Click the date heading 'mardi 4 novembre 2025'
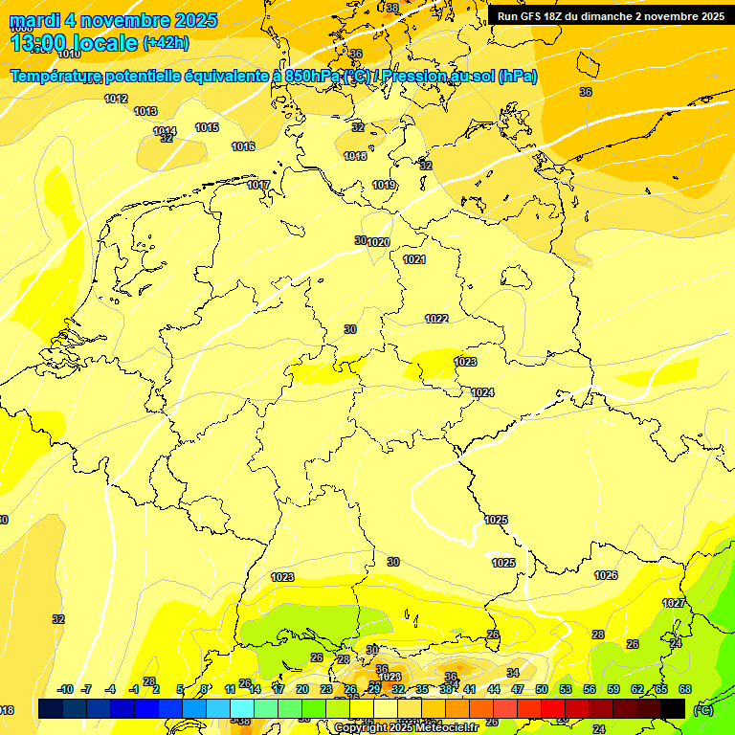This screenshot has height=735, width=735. pos(113,20)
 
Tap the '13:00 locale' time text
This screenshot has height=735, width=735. pos(73,42)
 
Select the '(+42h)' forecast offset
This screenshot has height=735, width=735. pos(166,43)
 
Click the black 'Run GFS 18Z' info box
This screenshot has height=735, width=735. pos(611,15)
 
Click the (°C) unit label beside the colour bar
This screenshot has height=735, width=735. pos(702,710)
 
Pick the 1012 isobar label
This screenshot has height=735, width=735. pos(116,99)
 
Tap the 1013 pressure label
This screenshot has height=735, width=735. pos(145,111)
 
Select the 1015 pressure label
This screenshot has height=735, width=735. pos(207,127)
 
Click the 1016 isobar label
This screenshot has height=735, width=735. pos(243,146)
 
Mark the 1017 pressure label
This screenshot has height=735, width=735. pos(258,185)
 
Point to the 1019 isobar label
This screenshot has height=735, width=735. pos(384,185)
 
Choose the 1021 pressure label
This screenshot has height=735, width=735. pos(414,259)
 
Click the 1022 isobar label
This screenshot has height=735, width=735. pos(436,319)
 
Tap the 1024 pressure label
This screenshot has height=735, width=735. pos(482,392)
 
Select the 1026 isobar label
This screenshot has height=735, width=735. pos(606,575)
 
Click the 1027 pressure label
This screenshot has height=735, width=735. pos(674,603)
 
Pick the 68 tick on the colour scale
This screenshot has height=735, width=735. pos(685,689)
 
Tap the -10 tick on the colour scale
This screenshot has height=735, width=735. pos(65,689)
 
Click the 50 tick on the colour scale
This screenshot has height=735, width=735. pos(542,689)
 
